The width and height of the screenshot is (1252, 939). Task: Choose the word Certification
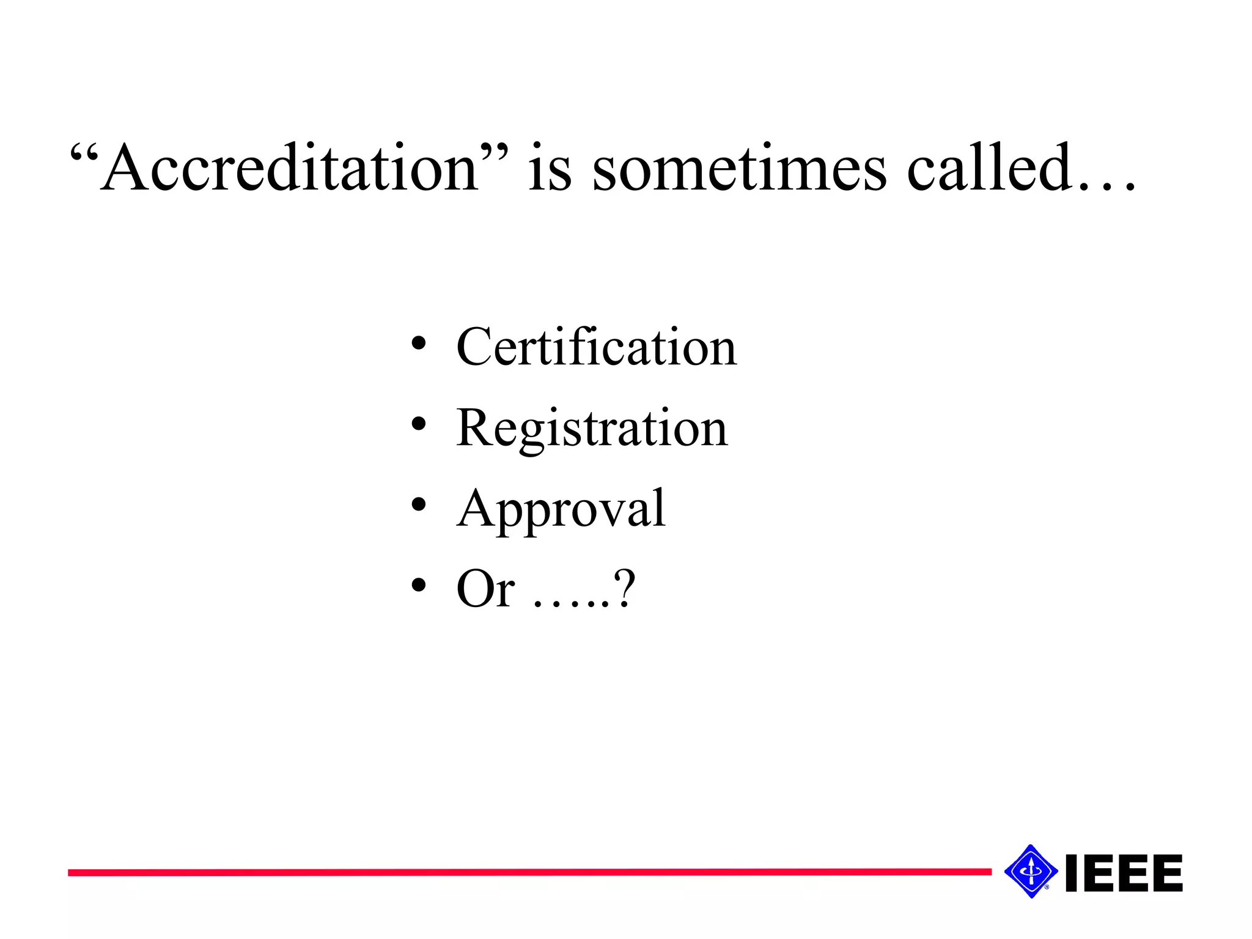pos(597,347)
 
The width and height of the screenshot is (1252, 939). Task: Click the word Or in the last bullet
pos(485,589)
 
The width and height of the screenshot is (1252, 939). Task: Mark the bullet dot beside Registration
pos(418,424)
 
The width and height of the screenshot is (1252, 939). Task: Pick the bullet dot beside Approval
pos(418,504)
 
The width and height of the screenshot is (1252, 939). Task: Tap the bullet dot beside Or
pos(418,585)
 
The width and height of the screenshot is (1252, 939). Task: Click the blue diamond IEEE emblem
pos(1031,871)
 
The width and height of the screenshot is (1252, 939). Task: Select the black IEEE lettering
pos(1124,873)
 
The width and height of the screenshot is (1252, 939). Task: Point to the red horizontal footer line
pos(529,872)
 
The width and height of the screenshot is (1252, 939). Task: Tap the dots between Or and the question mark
pos(572,605)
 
